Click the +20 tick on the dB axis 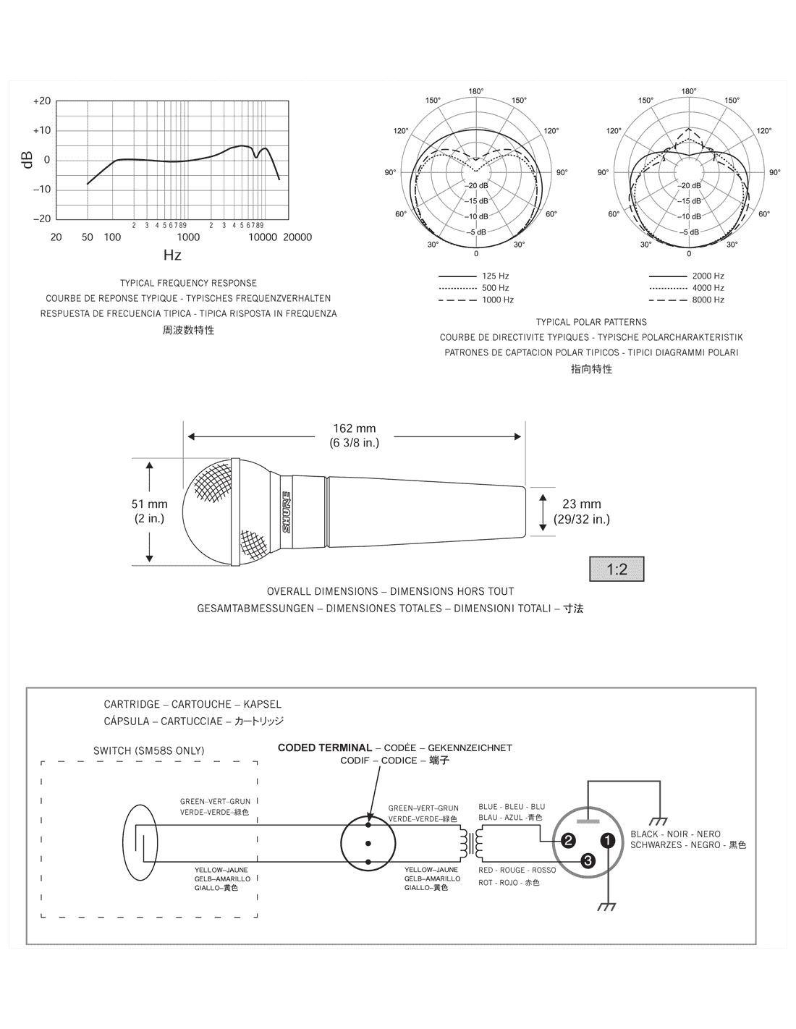pyautogui.click(x=42, y=101)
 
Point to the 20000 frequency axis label pyautogui.click(x=297, y=237)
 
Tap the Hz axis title pyautogui.click(x=172, y=255)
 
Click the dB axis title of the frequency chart pyautogui.click(x=27, y=160)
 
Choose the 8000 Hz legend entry pyautogui.click(x=708, y=300)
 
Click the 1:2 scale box pyautogui.click(x=617, y=569)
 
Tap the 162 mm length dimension pyautogui.click(x=354, y=436)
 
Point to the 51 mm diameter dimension pyautogui.click(x=150, y=511)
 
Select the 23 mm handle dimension pyautogui.click(x=582, y=511)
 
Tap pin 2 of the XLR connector pyautogui.click(x=569, y=840)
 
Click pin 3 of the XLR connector pyautogui.click(x=588, y=860)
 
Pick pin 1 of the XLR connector pyautogui.click(x=608, y=840)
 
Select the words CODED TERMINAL pyautogui.click(x=324, y=748)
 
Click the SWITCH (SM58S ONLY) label pyautogui.click(x=149, y=750)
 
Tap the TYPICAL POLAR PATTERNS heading pyautogui.click(x=591, y=322)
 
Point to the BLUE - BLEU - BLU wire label pyautogui.click(x=512, y=807)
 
